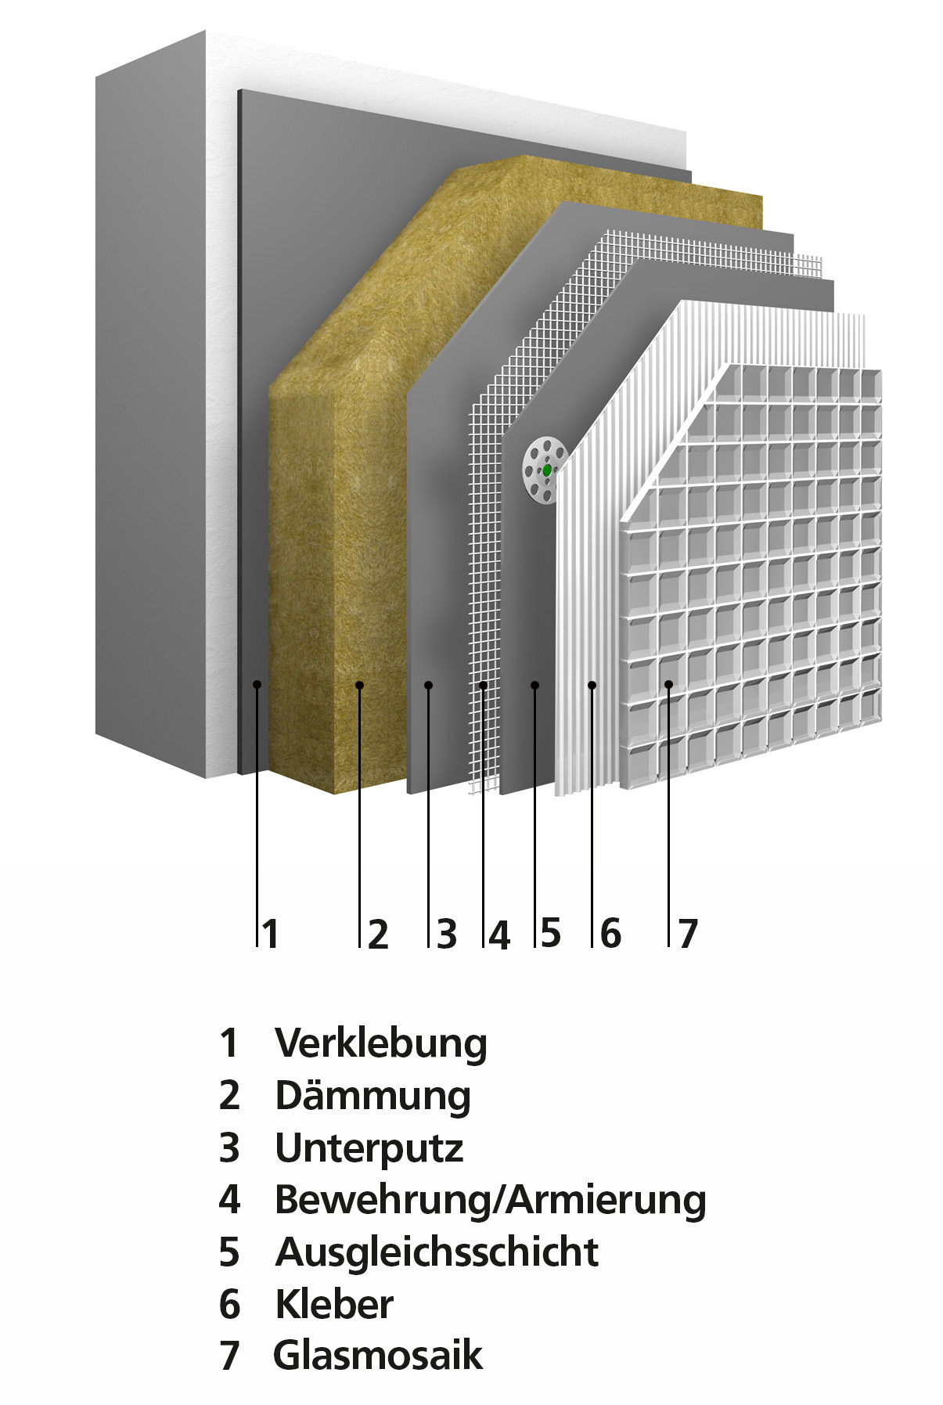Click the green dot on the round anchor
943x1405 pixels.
pos(546,470)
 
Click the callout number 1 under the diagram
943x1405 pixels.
pos(271,934)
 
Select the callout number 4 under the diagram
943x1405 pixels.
pos(499,935)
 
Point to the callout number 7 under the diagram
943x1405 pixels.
pos(687,933)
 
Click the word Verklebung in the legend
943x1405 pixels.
pos(381,1043)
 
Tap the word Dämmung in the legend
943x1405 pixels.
pos(373,1096)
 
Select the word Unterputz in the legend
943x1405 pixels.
pos(369,1148)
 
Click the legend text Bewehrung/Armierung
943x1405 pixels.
pos(491,1201)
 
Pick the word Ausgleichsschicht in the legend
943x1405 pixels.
pos(437,1252)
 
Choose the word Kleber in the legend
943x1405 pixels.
pos(334,1303)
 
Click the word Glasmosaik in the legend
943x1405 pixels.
pos(378,1355)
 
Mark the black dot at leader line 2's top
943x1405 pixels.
pos(359,685)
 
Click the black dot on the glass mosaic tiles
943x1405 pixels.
pos(669,685)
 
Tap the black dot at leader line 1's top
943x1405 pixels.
pos(257,685)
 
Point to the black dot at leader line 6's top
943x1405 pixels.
pos(592,685)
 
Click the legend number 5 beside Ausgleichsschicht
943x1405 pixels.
pos(229,1252)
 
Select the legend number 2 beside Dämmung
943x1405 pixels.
pos(229,1096)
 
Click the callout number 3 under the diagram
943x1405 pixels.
pos(447,934)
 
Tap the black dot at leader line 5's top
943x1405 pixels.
pos(535,685)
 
